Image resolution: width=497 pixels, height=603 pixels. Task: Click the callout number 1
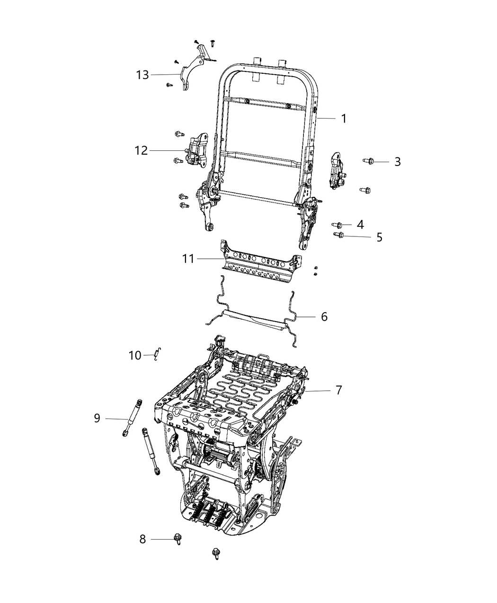[344, 118]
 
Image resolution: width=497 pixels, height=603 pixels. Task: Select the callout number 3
[397, 162]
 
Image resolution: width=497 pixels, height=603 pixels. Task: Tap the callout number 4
[360, 225]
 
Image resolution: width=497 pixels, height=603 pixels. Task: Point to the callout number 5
[379, 237]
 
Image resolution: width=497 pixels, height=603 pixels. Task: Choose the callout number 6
[324, 316]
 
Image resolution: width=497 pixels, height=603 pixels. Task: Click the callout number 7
[338, 391]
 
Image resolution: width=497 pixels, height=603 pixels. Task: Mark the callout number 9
[97, 419]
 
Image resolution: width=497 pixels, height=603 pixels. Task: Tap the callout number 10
[135, 355]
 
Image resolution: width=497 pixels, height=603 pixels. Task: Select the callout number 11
[188, 259]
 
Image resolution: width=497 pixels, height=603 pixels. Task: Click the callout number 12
[141, 151]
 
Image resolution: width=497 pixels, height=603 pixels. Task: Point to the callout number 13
[142, 75]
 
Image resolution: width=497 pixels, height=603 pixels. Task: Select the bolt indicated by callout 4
[337, 225]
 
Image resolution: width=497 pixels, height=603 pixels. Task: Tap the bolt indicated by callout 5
[338, 235]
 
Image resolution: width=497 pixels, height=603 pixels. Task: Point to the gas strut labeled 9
[132, 417]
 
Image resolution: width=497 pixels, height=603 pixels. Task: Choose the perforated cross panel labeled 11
[260, 262]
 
